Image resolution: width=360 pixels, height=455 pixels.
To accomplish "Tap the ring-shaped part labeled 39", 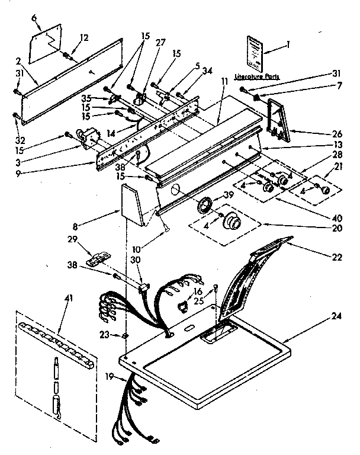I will [x=205, y=205].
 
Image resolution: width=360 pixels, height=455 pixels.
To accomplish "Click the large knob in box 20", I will [x=231, y=223].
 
